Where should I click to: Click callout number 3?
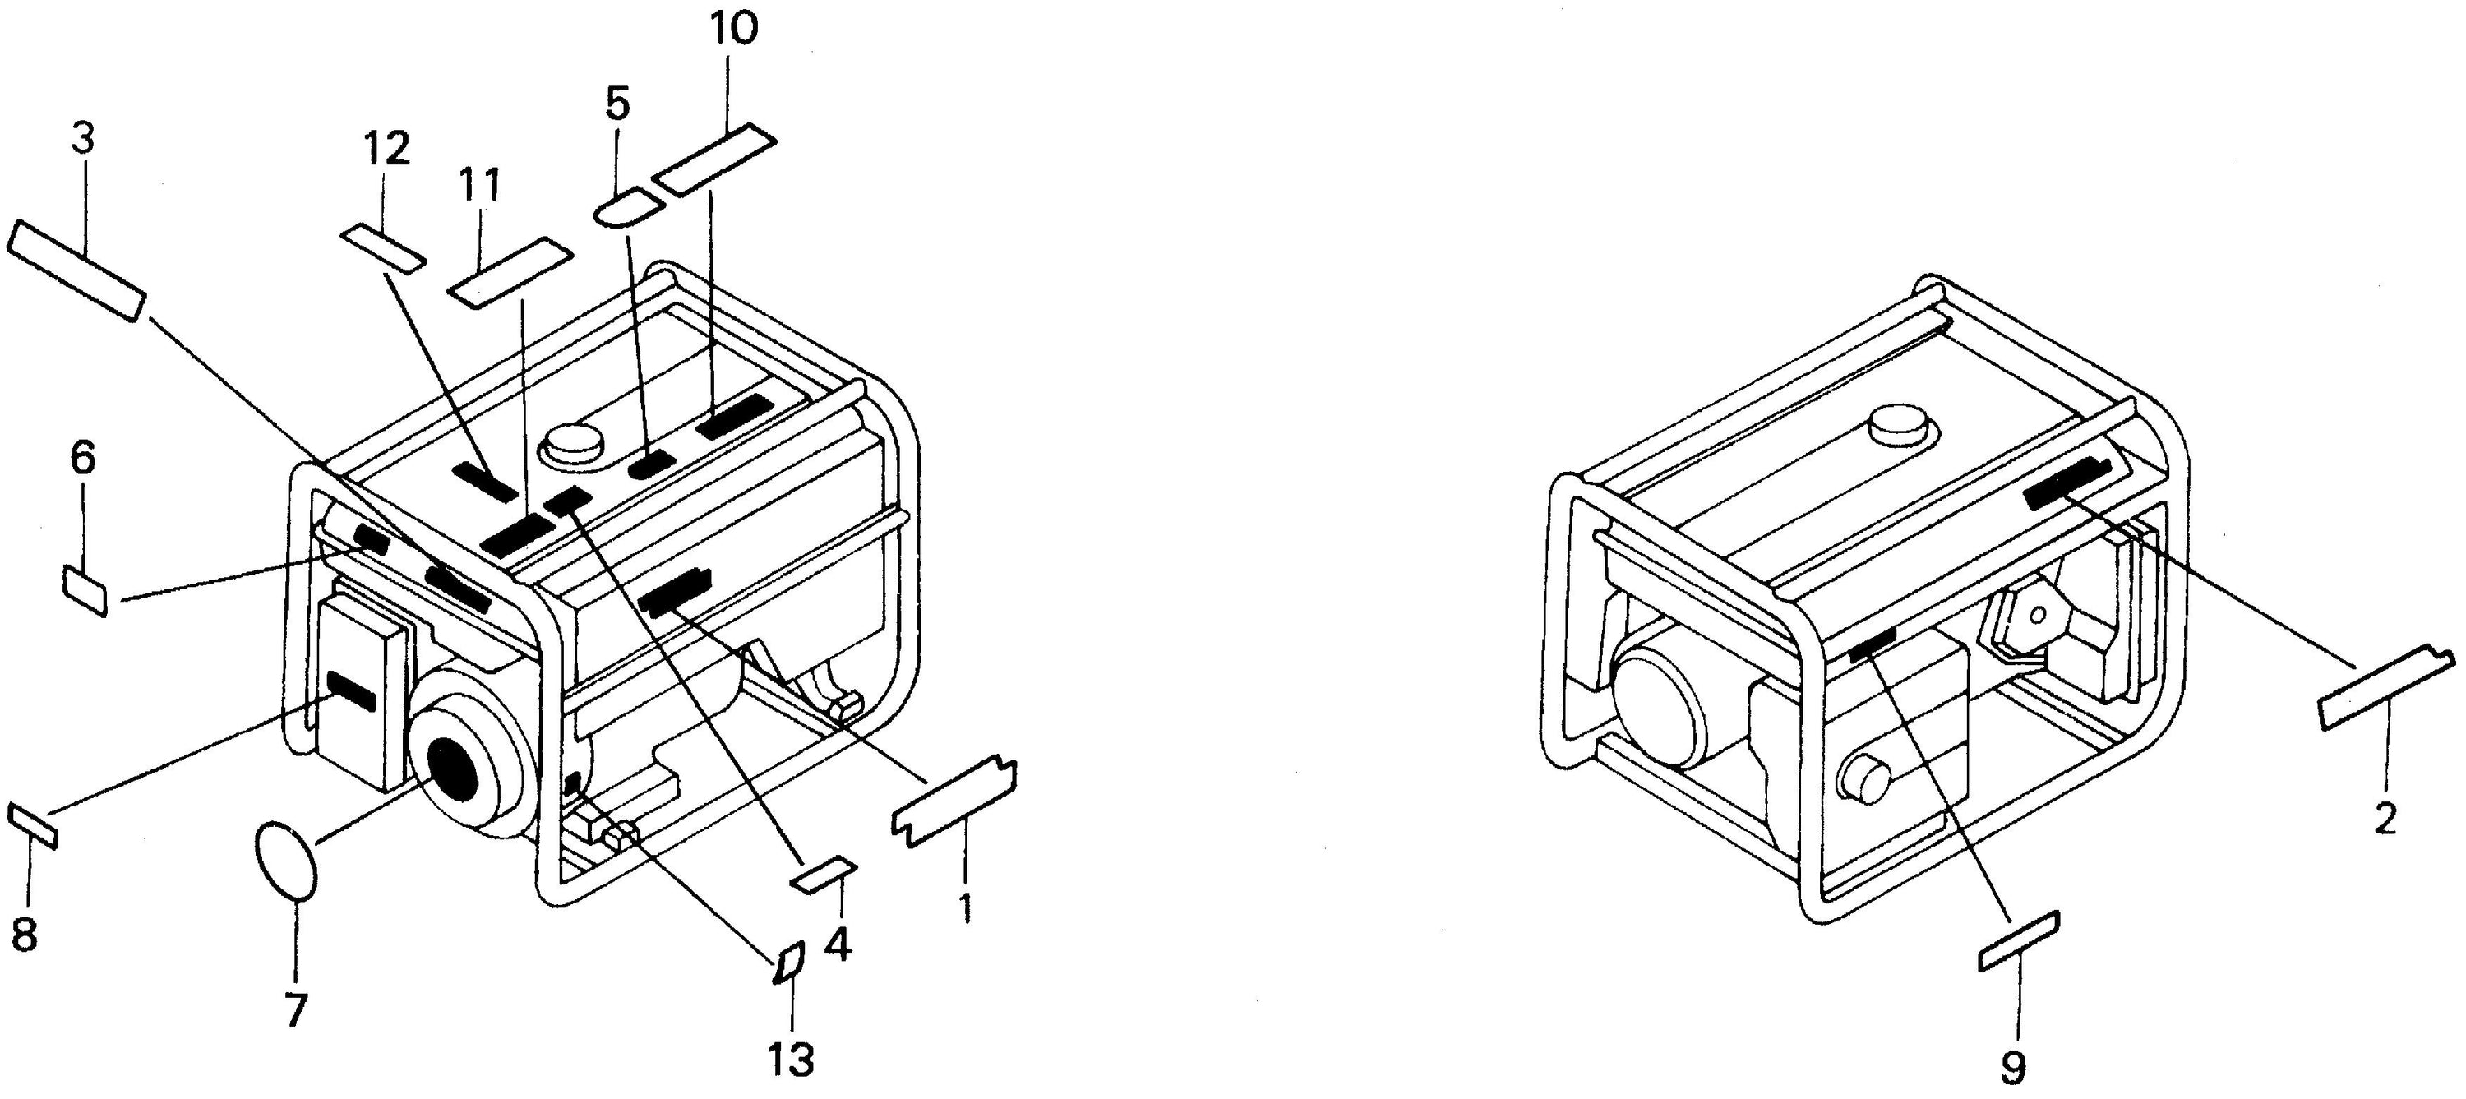click(x=83, y=140)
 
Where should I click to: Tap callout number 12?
click(x=386, y=149)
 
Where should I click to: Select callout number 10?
click(x=734, y=30)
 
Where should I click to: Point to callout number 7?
click(x=296, y=1009)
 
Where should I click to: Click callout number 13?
click(x=791, y=1060)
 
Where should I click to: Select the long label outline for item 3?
click(x=77, y=271)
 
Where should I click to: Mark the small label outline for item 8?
click(x=34, y=825)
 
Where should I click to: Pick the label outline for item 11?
click(x=511, y=274)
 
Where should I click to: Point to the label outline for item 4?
click(x=822, y=874)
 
